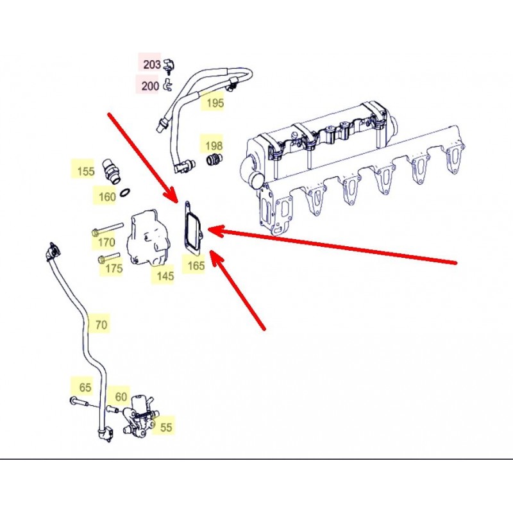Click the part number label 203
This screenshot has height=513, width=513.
click(152, 65)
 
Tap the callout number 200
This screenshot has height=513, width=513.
click(150, 86)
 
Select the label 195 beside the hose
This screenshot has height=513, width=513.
click(215, 103)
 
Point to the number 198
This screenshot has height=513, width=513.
click(214, 146)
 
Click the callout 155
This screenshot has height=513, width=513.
click(86, 171)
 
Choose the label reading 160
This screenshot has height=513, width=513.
click(107, 197)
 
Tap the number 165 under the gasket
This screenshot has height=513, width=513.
click(196, 265)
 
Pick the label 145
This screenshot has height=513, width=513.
click(165, 276)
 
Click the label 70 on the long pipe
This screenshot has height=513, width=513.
click(101, 324)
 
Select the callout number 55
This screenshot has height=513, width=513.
click(166, 427)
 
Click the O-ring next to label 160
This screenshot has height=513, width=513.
click(125, 192)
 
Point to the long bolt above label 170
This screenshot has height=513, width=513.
click(107, 229)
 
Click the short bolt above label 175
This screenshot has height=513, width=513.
click(109, 258)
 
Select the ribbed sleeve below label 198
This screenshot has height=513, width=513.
click(214, 159)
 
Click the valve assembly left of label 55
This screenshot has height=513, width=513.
click(139, 418)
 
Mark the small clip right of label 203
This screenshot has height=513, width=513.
click(169, 65)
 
